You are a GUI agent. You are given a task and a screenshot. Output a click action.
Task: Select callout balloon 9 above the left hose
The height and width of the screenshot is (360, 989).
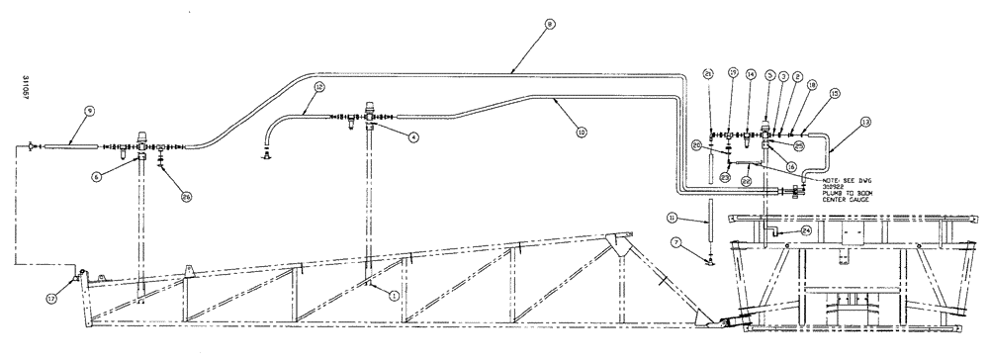click(89, 111)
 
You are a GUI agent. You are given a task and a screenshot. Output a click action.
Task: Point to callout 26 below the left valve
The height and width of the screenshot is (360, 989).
click(187, 195)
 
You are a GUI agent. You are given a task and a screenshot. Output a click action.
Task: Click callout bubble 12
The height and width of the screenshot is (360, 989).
click(319, 87)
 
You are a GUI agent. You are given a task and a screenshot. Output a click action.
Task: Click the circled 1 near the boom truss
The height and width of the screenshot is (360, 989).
click(395, 294)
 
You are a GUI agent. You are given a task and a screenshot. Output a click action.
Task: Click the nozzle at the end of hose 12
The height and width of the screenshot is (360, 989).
click(265, 153)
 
